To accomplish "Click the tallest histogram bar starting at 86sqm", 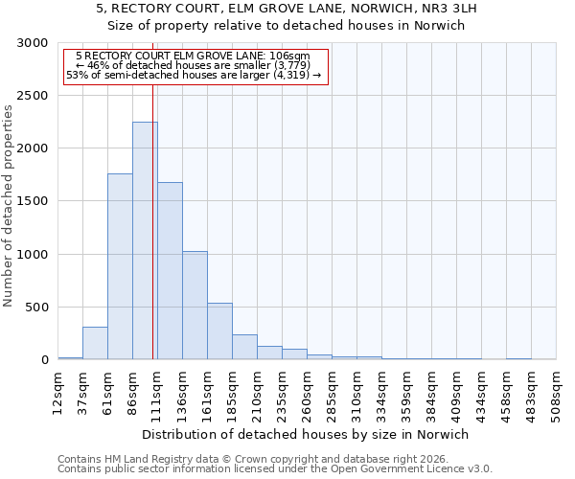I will click(x=145, y=240).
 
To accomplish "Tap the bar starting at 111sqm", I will click(x=170, y=271).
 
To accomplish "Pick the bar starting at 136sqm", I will click(x=195, y=306).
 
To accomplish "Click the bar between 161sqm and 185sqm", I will click(x=219, y=331).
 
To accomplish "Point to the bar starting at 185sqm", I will click(x=244, y=347).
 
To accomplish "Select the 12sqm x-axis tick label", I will click(x=58, y=392).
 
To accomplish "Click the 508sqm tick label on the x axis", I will click(x=557, y=392).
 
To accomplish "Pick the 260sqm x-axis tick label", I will click(x=308, y=392).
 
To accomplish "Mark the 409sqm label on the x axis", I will click(x=457, y=392).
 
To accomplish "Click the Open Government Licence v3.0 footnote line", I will click(x=275, y=468).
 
